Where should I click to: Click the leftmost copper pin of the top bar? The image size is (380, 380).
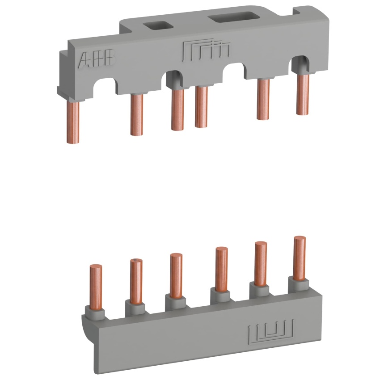[73, 122]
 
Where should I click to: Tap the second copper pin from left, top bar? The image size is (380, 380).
[137, 114]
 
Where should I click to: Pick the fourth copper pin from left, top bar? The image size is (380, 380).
[201, 107]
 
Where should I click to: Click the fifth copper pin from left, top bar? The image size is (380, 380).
[263, 99]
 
